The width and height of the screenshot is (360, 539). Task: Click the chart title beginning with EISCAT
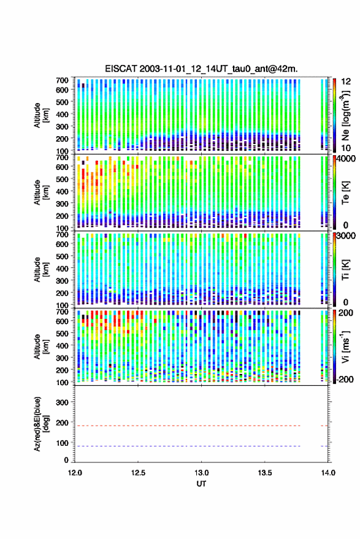(x=201, y=69)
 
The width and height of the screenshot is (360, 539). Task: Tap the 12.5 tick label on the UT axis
(x=138, y=473)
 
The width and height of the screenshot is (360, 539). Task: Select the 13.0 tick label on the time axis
(x=202, y=473)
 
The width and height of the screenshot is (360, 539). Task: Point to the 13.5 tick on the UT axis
(x=265, y=473)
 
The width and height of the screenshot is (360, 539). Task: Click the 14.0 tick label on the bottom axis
(x=328, y=473)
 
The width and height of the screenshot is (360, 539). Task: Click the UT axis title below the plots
(x=201, y=484)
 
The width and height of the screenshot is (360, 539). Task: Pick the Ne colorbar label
(x=345, y=115)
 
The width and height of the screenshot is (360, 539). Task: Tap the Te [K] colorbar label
(x=345, y=193)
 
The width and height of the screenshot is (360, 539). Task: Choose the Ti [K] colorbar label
(x=345, y=270)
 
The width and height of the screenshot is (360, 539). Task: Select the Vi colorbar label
(x=345, y=346)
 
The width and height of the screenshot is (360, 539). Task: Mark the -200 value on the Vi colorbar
(x=345, y=379)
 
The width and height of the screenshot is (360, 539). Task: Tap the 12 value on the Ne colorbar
(x=346, y=82)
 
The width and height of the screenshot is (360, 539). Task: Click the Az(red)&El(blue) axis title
(x=41, y=424)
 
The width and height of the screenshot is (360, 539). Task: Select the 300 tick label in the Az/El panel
(x=62, y=402)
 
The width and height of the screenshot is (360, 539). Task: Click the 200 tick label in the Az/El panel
(x=62, y=422)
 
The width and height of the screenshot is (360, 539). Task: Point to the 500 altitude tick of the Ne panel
(x=62, y=102)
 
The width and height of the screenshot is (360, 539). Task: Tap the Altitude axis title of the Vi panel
(x=41, y=346)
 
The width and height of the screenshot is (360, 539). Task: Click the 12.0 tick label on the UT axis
(x=75, y=473)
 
